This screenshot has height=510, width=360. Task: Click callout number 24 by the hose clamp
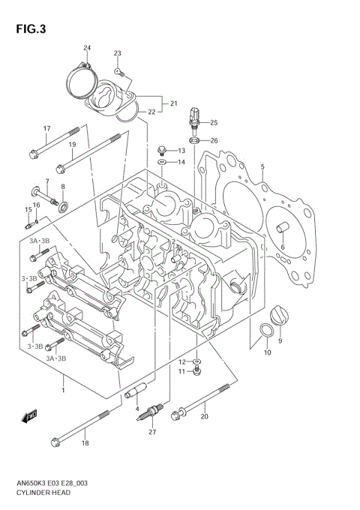[x=87, y=49]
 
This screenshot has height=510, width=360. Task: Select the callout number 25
[x=214, y=122]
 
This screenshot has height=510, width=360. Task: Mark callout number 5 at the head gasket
[x=262, y=166]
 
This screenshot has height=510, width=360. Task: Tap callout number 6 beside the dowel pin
[x=283, y=247]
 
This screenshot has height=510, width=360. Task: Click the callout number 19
[x=73, y=145]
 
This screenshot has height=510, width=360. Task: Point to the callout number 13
[x=181, y=151]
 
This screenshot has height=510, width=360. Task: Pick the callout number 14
[x=181, y=162]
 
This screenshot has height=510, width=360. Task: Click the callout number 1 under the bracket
[x=63, y=390]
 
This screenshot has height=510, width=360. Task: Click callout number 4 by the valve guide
[x=138, y=408]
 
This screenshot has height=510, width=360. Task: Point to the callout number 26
[x=214, y=140]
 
